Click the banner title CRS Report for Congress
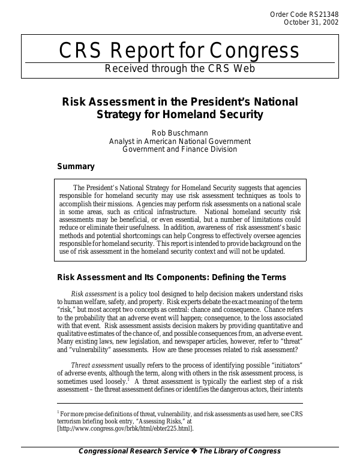(179, 52)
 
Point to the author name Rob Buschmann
(179, 133)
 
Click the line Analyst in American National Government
(179, 142)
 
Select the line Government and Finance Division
(179, 149)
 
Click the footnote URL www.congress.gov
(125, 429)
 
